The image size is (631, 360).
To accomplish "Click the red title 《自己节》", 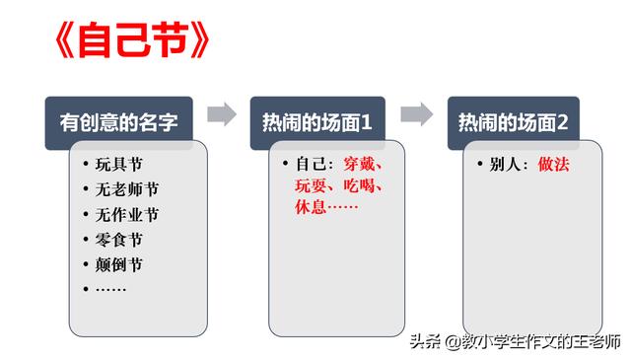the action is [132, 39].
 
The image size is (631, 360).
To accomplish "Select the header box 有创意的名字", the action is [118, 123].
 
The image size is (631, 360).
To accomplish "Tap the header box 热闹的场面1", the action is [317, 123].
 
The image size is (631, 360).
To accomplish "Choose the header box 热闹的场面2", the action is [514, 123].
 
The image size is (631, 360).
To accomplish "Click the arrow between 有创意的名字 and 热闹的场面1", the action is [222, 114].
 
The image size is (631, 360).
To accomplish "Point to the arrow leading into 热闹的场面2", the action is [417, 114].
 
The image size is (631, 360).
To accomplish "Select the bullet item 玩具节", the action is [118, 165].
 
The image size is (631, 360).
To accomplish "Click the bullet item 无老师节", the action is [127, 189].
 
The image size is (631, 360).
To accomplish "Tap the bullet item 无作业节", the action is [127, 215].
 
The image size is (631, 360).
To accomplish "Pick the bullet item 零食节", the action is [118, 240].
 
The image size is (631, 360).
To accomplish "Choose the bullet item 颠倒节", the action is [118, 265].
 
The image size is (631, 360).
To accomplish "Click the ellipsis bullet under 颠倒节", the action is [110, 289].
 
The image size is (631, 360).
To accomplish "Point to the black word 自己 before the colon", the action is [312, 165].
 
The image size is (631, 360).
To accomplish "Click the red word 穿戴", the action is [359, 165].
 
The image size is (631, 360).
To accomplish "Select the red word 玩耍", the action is [311, 186].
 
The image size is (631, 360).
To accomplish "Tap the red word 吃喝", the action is [359, 186].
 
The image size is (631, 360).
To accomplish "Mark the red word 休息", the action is [311, 207].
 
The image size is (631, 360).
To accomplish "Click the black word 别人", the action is [505, 165].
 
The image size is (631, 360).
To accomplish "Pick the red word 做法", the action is [554, 165].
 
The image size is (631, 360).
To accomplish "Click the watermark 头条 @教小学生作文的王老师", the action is [516, 342].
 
